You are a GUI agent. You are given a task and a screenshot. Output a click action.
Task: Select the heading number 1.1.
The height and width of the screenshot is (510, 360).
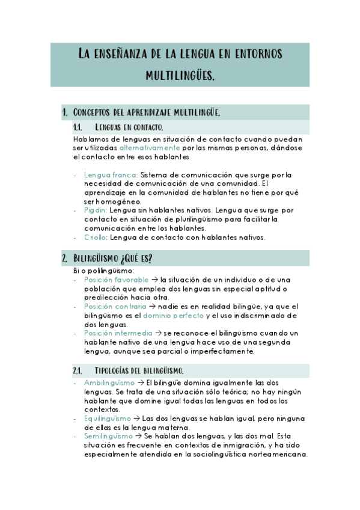tap(78, 127)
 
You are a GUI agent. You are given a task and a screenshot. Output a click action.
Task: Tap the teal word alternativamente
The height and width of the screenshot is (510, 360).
tap(150, 147)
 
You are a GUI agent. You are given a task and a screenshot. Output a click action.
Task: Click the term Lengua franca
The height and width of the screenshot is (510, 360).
tap(110, 174)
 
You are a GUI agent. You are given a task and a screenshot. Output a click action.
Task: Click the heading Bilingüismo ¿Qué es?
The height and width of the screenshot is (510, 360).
tap(112, 259)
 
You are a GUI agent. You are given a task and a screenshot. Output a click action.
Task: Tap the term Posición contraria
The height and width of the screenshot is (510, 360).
tap(115, 306)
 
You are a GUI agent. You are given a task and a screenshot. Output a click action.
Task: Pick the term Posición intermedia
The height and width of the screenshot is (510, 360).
tap(118, 333)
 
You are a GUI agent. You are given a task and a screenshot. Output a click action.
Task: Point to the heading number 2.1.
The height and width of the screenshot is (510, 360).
tap(78, 370)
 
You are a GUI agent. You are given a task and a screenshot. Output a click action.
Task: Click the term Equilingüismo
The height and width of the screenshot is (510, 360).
tap(108, 418)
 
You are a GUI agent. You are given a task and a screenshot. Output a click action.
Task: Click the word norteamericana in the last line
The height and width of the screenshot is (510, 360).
tap(278, 454)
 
